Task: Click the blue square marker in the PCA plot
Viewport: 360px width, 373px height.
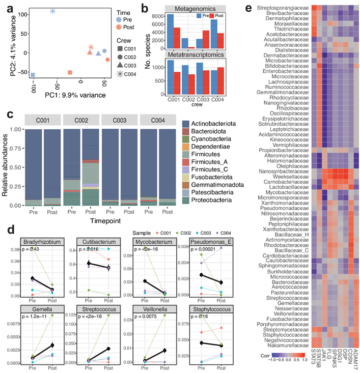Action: [x=33, y=75]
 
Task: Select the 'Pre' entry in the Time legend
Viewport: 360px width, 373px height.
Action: [x=126, y=18]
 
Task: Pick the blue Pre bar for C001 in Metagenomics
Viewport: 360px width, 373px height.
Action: [x=171, y=31]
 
